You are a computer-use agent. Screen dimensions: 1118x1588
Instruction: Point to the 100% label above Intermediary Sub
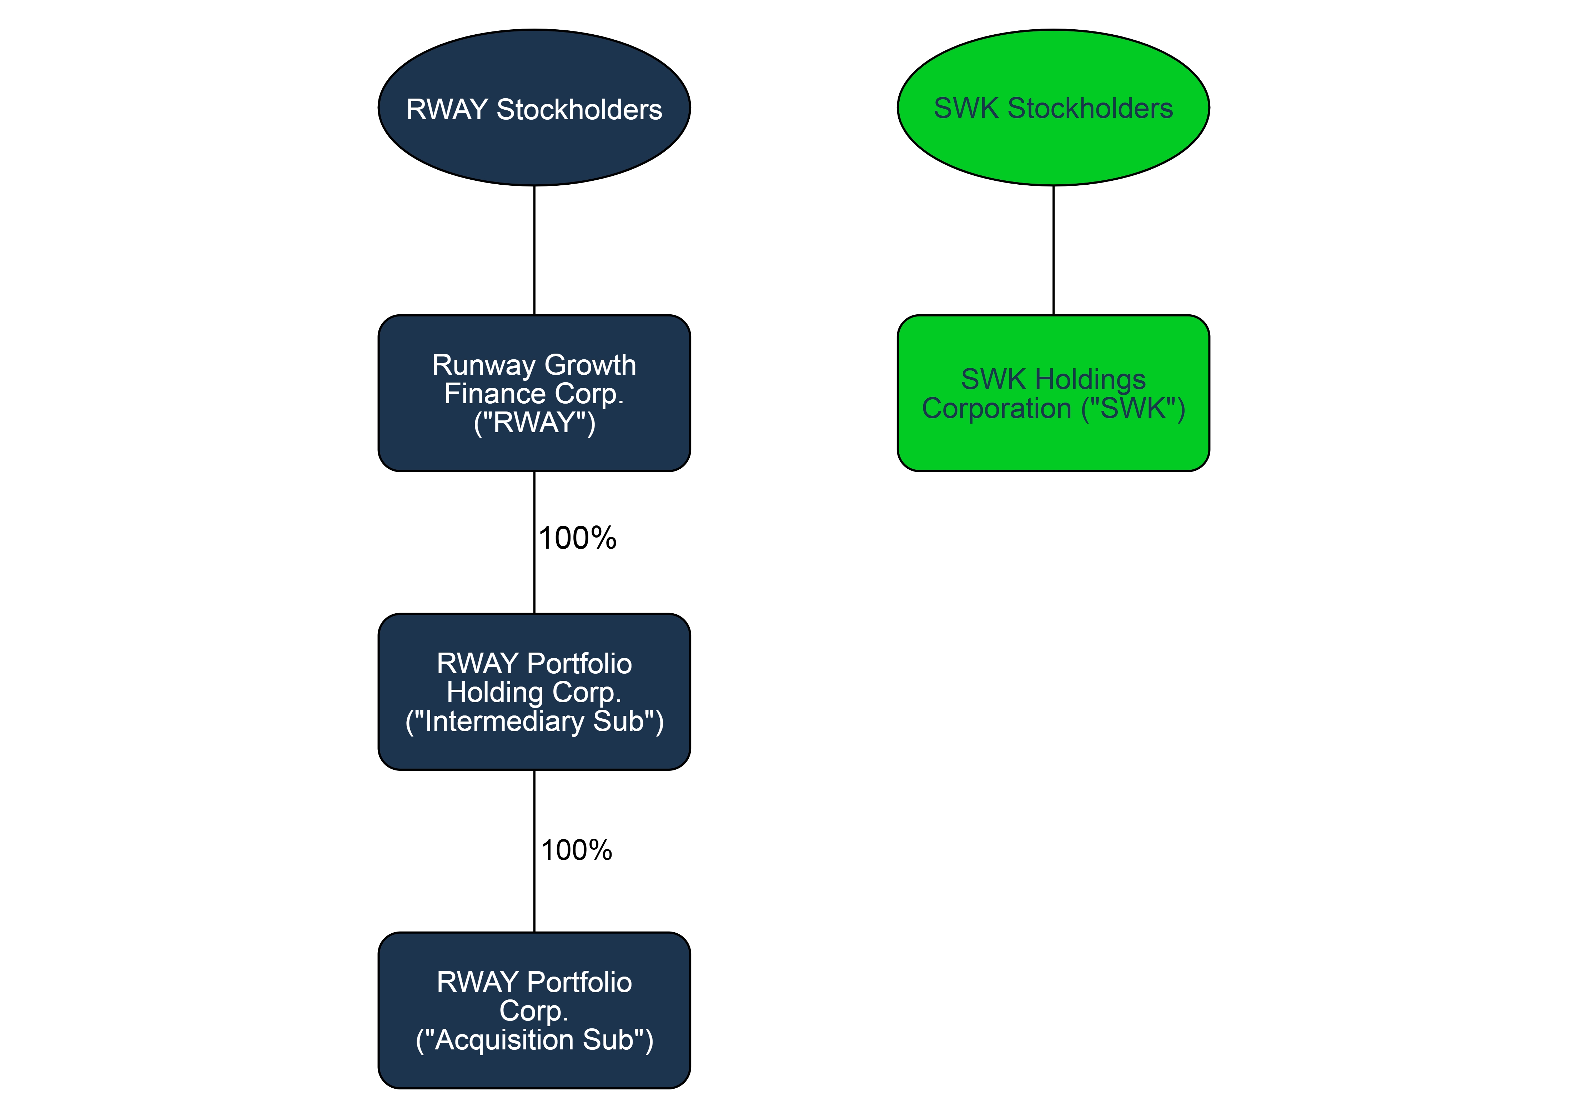click(x=578, y=538)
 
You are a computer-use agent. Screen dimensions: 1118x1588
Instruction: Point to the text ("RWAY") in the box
click(x=534, y=423)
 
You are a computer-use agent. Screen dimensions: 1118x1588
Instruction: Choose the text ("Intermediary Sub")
click(x=534, y=722)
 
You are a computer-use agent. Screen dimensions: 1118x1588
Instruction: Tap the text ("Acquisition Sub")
click(x=534, y=1040)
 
